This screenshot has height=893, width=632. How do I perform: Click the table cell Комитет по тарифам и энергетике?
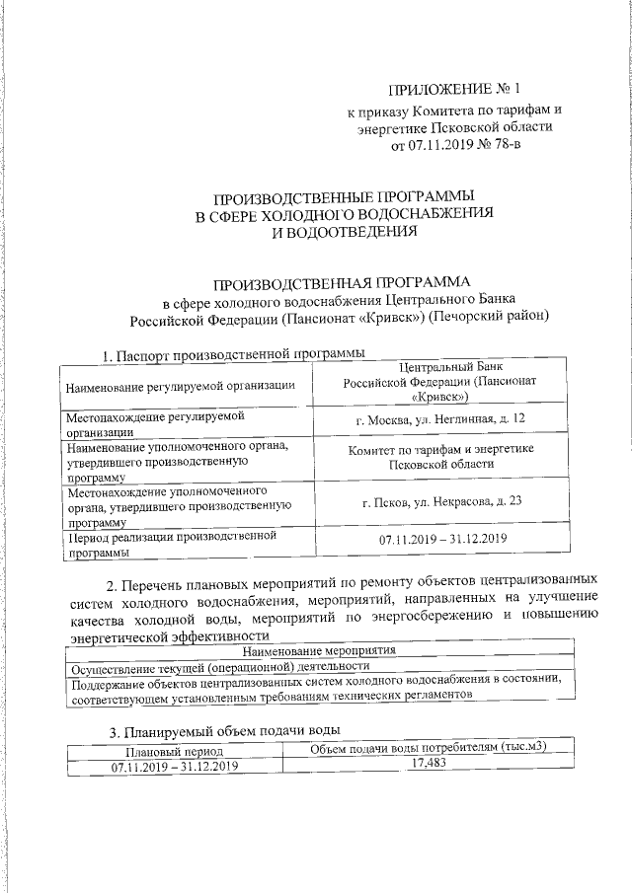(x=440, y=456)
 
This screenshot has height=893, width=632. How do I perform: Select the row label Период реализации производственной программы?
(x=167, y=545)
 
